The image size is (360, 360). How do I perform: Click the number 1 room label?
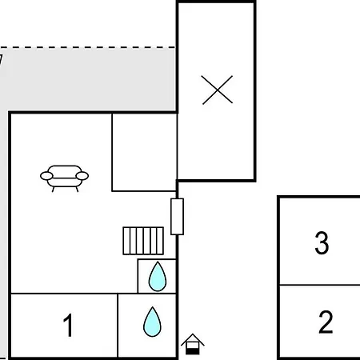68,325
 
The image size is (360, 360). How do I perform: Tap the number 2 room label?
326,322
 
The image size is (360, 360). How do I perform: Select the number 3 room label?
322,242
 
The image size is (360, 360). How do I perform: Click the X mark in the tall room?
218,90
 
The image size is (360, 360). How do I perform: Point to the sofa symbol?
64,178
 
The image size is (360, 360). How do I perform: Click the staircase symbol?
143,241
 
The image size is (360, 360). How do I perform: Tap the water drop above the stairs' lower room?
158,276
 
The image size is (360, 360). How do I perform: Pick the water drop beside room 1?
152,322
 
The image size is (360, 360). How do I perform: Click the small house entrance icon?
193,344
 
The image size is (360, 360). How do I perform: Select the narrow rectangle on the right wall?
177,217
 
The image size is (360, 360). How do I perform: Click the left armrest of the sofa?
46,176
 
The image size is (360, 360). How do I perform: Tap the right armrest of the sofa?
82,176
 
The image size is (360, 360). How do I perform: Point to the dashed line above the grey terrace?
87,47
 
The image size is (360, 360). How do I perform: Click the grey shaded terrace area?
88,79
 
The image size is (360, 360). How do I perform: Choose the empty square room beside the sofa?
144,152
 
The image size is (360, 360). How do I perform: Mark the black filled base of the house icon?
193,351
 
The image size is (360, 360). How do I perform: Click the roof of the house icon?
193,338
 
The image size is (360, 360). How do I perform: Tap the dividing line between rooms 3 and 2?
320,285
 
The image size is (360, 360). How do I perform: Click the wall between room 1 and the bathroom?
118,326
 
